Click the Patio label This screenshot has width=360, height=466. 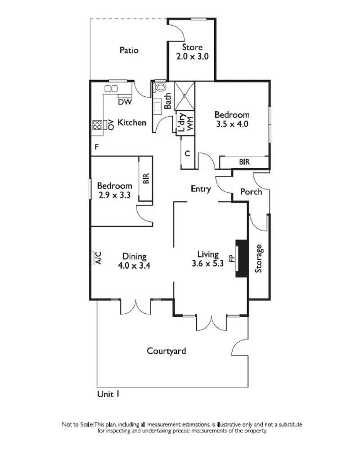tap(129, 50)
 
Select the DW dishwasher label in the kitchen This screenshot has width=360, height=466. tap(125, 103)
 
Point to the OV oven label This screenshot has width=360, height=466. tap(110, 124)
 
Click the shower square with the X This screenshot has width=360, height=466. tap(185, 95)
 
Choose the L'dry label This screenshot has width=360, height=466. tap(182, 122)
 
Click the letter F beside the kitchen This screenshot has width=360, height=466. tap(96, 147)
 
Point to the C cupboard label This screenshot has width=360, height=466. tap(188, 154)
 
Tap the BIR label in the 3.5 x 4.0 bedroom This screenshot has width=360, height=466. tap(244, 162)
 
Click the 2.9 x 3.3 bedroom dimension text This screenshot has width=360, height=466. tap(115, 195)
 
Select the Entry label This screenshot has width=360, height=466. tap(201, 189)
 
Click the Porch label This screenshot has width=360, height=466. tap(251, 192)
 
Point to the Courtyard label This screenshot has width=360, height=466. tap(166, 351)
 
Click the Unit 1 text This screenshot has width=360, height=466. tap(108, 394)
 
